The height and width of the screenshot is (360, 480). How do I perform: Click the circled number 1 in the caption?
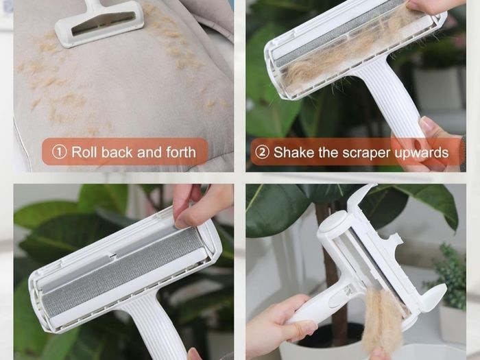pyautogui.click(x=59, y=152)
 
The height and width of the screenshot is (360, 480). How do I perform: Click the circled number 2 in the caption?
pyautogui.click(x=262, y=152)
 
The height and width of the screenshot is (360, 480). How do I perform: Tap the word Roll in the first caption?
pyautogui.click(x=84, y=152)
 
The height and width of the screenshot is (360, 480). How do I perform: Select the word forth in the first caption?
pyautogui.click(x=181, y=152)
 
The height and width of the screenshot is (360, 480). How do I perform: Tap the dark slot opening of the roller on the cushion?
pyautogui.click(x=103, y=23)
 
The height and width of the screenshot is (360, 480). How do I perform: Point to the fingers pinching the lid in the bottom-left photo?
pyautogui.click(x=196, y=205)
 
